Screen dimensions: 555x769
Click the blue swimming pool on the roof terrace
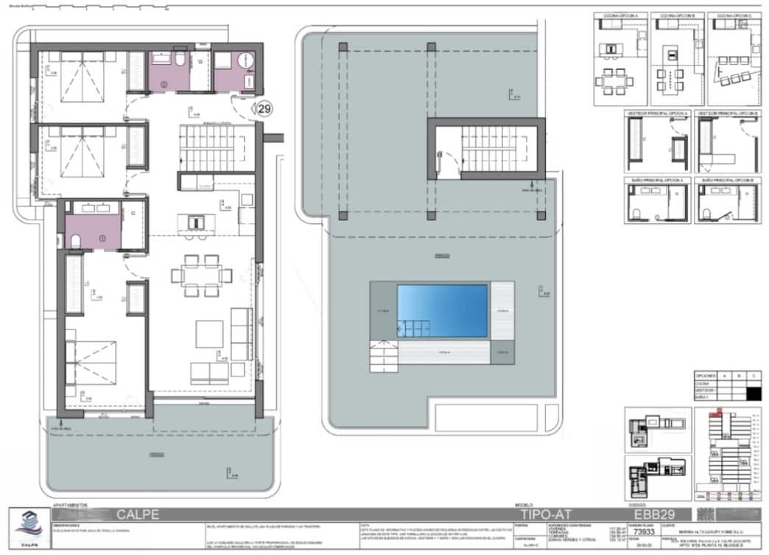(442, 310)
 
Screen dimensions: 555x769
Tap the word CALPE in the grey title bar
(138, 514)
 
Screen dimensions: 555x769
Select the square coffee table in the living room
(208, 335)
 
